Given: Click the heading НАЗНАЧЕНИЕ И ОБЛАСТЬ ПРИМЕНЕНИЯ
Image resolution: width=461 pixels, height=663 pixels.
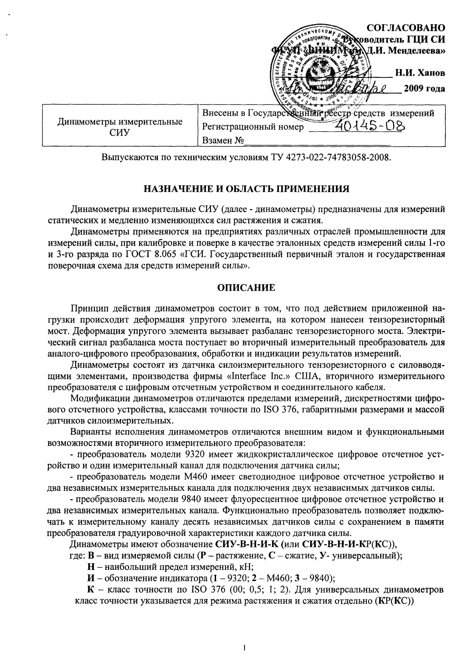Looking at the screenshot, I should point(246,188).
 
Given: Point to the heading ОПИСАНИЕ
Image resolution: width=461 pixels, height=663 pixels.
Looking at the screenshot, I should point(246,288).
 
